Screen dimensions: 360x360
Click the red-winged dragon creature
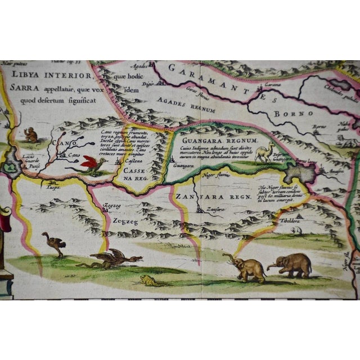[x=91, y=164]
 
